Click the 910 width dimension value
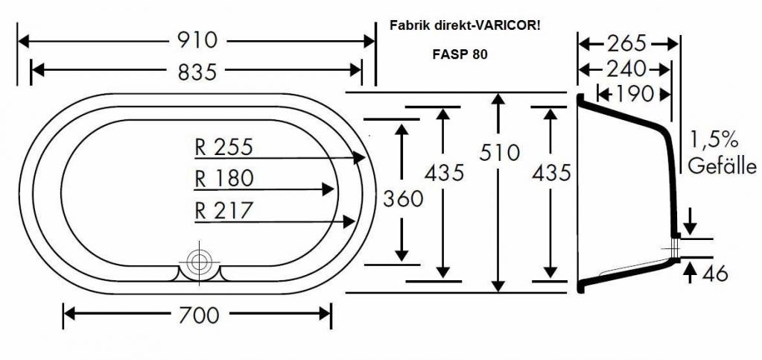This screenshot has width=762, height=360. pyautogui.click(x=197, y=41)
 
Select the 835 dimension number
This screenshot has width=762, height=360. pyautogui.click(x=197, y=72)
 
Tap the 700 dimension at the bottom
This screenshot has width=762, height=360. pyautogui.click(x=198, y=315)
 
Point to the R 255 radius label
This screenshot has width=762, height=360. pyautogui.click(x=223, y=147)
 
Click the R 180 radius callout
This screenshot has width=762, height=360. pyautogui.click(x=223, y=179)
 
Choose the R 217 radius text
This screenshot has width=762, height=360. pyautogui.click(x=223, y=211)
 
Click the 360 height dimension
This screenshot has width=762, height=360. pyautogui.click(x=402, y=199)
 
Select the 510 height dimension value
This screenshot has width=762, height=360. pyautogui.click(x=499, y=153)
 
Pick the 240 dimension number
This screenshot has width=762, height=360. pyautogui.click(x=626, y=69)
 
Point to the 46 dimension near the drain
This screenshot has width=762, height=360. pyautogui.click(x=717, y=274)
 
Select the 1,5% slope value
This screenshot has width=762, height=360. pyautogui.click(x=713, y=139)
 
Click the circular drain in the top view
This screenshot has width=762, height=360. pyautogui.click(x=199, y=261)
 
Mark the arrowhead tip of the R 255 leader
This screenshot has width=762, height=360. pyautogui.click(x=365, y=158)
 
